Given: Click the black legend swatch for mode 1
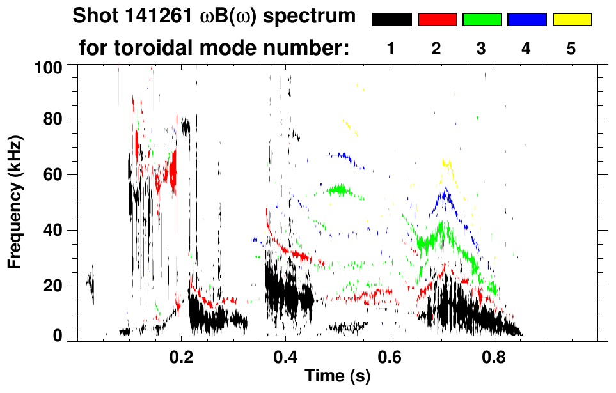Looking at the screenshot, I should pyautogui.click(x=392, y=20).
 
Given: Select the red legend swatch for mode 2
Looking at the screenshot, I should pyautogui.click(x=437, y=20).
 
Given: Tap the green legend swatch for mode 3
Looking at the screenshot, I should pyautogui.click(x=482, y=20).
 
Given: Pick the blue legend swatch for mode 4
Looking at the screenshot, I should pyautogui.click(x=527, y=20).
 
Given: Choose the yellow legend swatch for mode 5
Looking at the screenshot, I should pyautogui.click(x=572, y=20).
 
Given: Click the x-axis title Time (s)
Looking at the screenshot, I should pyautogui.click(x=337, y=376).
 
